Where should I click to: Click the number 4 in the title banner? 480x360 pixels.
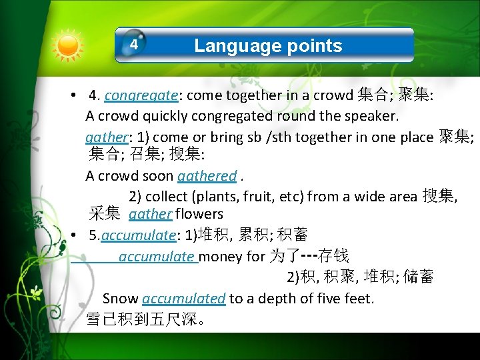coord(134,45)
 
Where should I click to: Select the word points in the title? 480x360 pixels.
coord(314,45)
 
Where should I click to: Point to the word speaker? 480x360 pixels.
coord(371,116)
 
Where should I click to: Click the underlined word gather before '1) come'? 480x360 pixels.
coord(106,137)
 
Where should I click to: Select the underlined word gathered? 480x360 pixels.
coord(207,176)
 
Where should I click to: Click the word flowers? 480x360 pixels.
coord(199,215)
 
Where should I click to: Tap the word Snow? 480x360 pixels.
coord(121,299)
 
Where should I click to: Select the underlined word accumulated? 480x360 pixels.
coord(184,299)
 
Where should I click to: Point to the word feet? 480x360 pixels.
coord(358,299)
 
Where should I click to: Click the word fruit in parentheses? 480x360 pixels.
coord(256,196)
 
